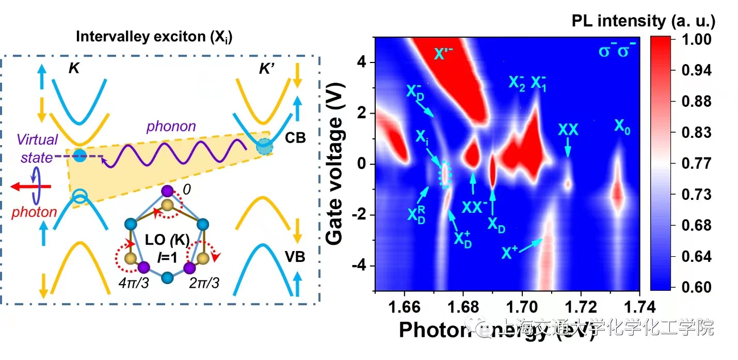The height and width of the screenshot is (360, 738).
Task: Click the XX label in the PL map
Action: click(x=568, y=130)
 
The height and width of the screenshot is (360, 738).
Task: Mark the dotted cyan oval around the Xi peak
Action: click(x=444, y=174)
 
